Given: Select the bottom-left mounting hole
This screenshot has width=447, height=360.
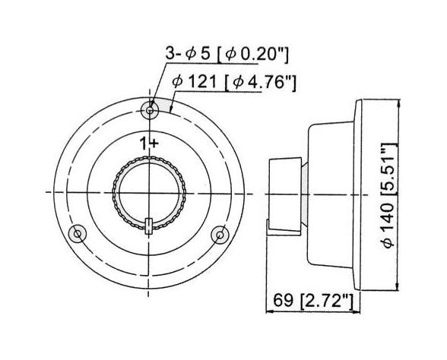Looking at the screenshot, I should click(76, 233).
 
